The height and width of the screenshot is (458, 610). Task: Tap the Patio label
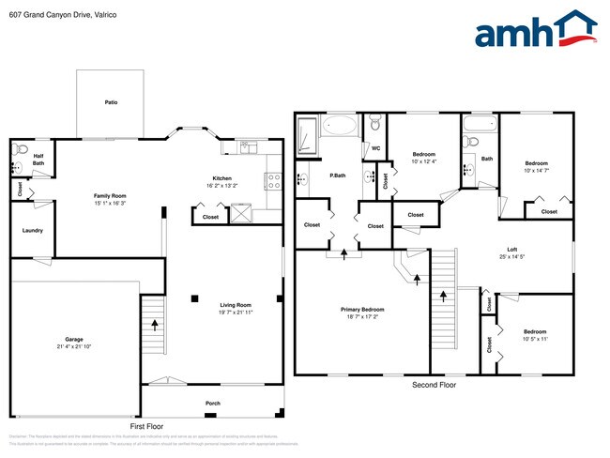(111, 102)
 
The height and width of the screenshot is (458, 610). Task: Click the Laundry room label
(32, 230)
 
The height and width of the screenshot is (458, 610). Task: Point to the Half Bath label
(38, 160)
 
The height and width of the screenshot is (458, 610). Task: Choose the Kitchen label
(221, 178)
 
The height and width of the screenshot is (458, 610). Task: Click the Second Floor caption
(435, 385)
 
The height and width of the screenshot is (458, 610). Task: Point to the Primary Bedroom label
(361, 310)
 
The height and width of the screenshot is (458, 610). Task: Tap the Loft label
(512, 249)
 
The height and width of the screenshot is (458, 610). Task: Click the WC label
(374, 148)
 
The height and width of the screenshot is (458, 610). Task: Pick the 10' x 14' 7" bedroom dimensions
(536, 170)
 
